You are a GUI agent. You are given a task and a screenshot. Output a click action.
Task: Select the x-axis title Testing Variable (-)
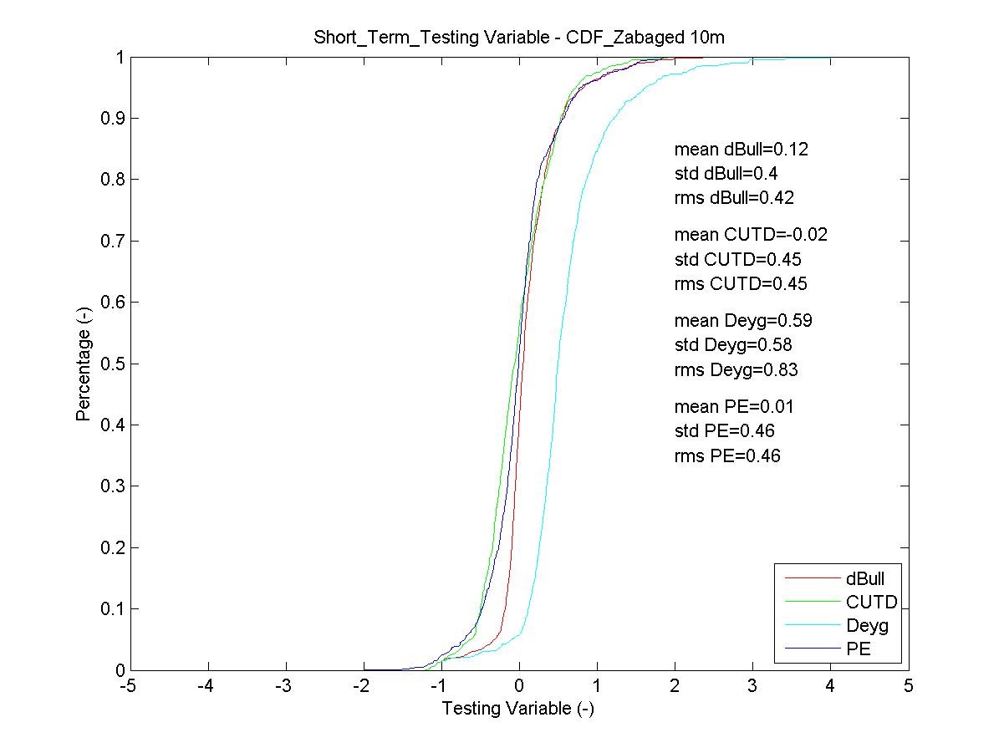517,709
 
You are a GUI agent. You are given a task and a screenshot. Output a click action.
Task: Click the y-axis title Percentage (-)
84,364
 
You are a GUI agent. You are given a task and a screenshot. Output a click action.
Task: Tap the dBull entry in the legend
864,577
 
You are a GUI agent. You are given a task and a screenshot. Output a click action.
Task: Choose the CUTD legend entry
871,602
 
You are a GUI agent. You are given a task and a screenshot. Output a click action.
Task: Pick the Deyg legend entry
867,625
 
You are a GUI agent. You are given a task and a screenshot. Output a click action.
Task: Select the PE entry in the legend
858,649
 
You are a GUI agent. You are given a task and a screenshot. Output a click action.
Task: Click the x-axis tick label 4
830,686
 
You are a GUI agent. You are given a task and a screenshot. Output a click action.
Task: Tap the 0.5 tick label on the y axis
113,364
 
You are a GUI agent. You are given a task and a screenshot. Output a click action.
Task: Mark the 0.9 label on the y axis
113,119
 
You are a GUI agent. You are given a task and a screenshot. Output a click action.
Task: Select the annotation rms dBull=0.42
734,198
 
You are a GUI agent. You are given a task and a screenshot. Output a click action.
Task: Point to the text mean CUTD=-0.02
751,235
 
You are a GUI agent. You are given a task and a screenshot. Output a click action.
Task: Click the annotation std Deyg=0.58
733,344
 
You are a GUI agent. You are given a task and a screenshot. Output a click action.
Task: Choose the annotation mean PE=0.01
734,407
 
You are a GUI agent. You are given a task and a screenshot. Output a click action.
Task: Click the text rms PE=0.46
727,455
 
